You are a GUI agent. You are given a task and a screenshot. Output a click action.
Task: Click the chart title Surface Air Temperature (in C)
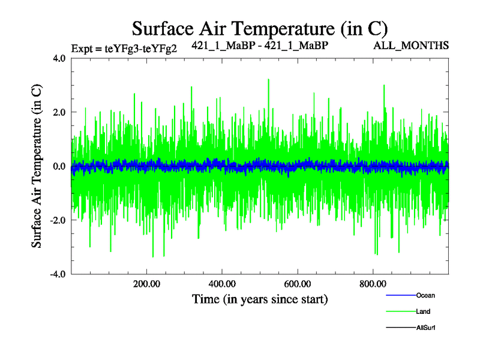260,28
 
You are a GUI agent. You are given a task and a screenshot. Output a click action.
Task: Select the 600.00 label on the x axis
297,284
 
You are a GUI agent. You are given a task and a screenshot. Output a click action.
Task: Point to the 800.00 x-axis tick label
373,284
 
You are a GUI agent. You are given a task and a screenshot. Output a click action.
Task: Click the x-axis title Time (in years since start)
260,298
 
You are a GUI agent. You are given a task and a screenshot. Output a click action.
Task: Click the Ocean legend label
425,295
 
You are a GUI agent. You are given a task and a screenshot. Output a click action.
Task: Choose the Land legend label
423,311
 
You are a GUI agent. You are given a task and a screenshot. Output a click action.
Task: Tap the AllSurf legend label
425,328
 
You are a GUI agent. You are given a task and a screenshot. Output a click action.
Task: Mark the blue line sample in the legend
400,295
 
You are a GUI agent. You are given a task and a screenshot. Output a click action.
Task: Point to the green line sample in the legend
400,311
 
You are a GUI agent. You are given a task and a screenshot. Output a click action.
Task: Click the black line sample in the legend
400,328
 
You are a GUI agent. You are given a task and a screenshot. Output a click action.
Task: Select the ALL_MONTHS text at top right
411,46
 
